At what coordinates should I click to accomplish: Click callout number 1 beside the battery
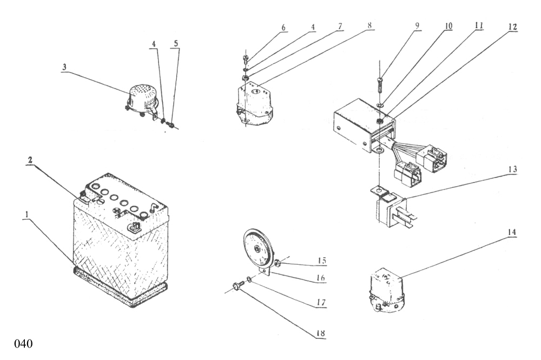pos(27,214)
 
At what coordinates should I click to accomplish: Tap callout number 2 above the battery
pos(30,160)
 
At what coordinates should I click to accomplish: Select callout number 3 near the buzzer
pos(64,67)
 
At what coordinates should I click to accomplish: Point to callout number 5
pos(176,43)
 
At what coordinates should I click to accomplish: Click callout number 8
pos(370,25)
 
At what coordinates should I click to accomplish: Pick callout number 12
pos(512,27)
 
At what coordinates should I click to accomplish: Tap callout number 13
pos(512,169)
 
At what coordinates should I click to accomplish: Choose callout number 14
pos(512,232)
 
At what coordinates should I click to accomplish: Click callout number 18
pos(320,333)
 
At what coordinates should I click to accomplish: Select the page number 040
pos(23,344)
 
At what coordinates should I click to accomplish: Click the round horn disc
pos(258,248)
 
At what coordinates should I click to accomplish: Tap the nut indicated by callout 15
pos(276,264)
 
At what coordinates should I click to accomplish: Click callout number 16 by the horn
pos(320,278)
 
